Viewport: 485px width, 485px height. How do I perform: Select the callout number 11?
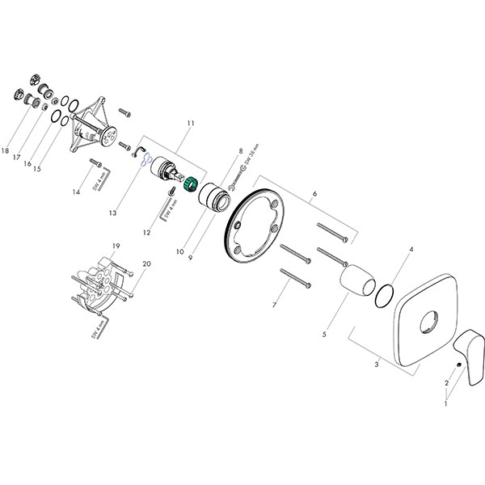191,123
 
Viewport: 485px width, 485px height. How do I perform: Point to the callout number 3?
376,365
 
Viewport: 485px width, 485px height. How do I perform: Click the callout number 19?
116,245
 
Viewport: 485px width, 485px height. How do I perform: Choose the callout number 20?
146,264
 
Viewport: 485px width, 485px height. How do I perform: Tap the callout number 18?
6,150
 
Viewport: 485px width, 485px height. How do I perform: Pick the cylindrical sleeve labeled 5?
356,285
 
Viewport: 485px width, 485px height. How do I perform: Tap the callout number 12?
147,233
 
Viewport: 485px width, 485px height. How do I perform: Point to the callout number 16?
27,164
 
